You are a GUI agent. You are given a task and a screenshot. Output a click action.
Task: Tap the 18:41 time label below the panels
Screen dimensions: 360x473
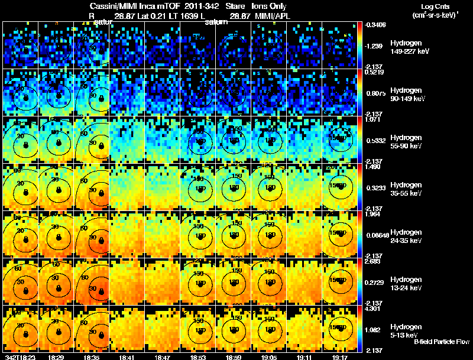tap(127, 357)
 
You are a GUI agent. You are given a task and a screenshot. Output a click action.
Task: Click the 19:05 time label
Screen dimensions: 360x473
tap(270, 357)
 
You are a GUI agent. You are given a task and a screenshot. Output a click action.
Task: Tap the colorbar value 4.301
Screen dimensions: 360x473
tap(374, 308)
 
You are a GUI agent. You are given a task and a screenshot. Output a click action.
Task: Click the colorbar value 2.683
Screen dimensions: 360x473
tap(374, 261)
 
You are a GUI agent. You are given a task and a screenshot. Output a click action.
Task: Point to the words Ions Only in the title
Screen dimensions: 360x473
tap(269, 6)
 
